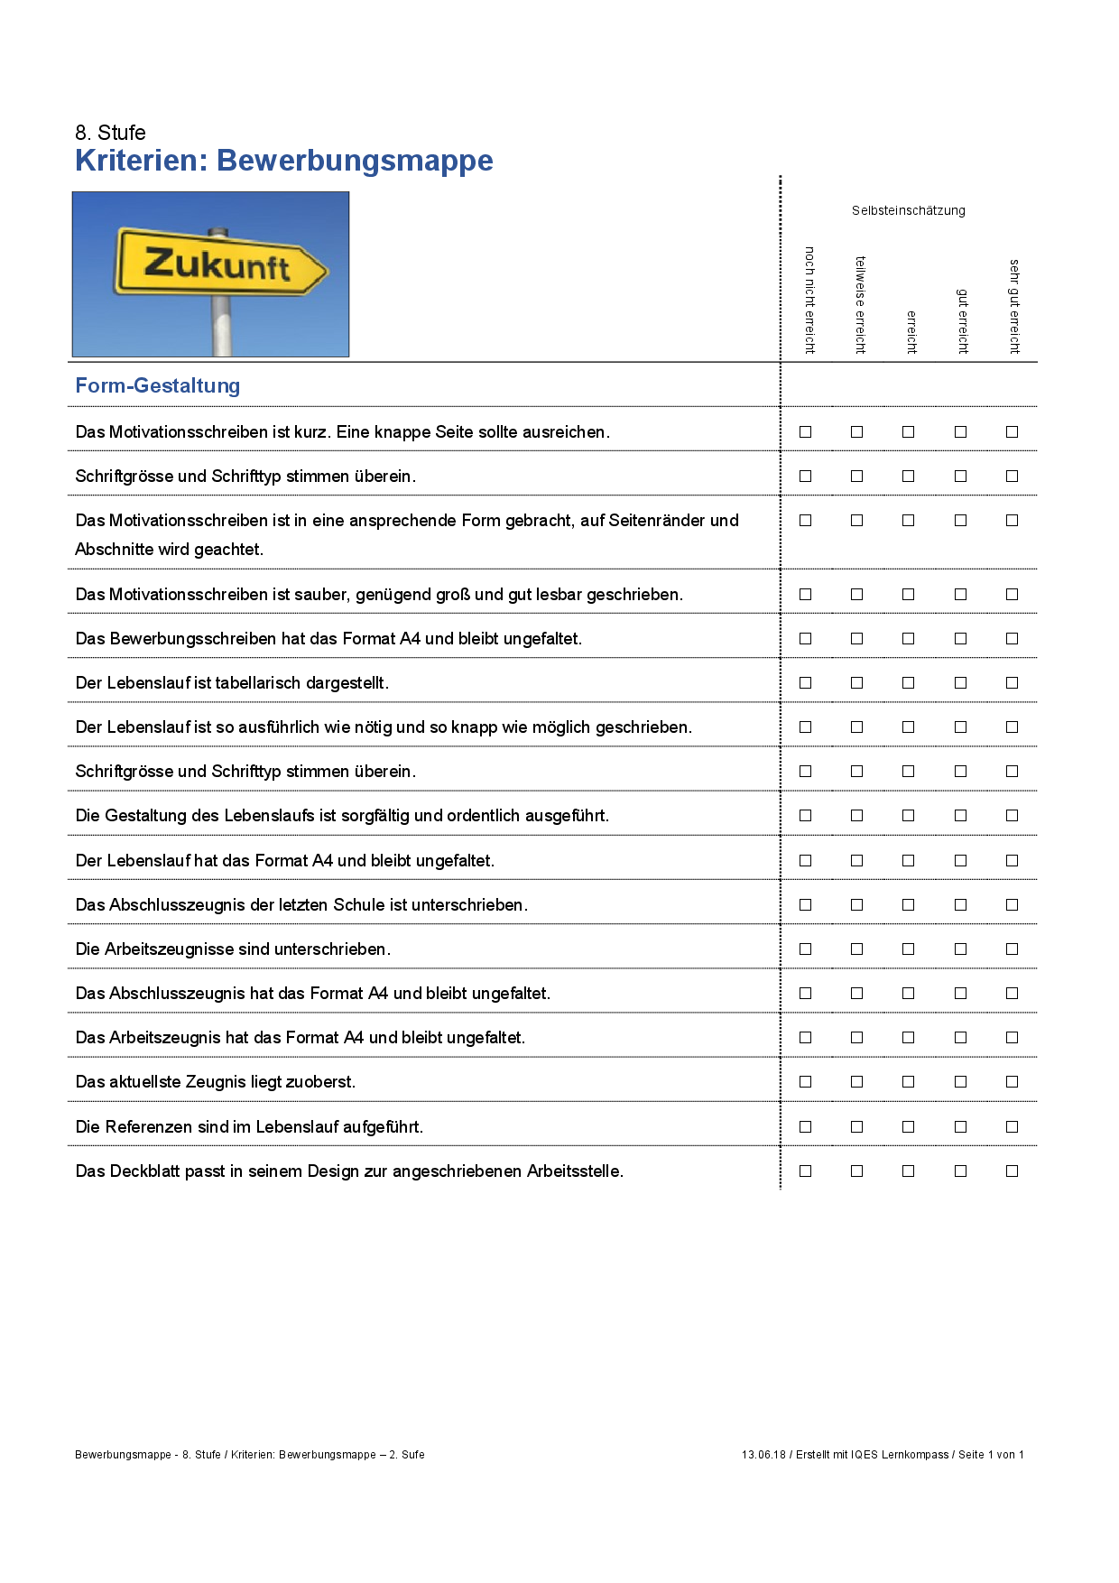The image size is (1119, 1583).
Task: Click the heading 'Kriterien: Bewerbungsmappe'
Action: point(284,161)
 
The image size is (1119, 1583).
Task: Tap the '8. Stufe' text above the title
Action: point(110,133)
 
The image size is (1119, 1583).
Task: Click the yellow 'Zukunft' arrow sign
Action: point(219,264)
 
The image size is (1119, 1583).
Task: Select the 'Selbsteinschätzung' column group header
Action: point(908,210)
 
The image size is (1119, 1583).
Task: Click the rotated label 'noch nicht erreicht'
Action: point(809,301)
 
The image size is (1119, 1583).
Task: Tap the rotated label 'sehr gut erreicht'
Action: point(1014,307)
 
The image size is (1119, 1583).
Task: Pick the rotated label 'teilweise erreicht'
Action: point(860,305)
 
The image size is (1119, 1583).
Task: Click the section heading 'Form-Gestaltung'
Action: point(158,385)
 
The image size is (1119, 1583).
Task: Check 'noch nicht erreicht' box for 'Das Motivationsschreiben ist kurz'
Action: point(805,432)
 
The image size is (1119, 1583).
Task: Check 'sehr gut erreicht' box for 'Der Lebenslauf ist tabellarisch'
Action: point(1012,683)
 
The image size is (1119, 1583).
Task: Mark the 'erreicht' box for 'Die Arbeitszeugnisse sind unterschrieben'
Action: point(908,949)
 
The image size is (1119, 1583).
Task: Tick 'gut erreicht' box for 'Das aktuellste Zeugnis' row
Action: point(960,1082)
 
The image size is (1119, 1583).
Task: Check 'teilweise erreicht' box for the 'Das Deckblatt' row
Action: point(856,1171)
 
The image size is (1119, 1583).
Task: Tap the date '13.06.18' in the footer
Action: point(763,1455)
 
